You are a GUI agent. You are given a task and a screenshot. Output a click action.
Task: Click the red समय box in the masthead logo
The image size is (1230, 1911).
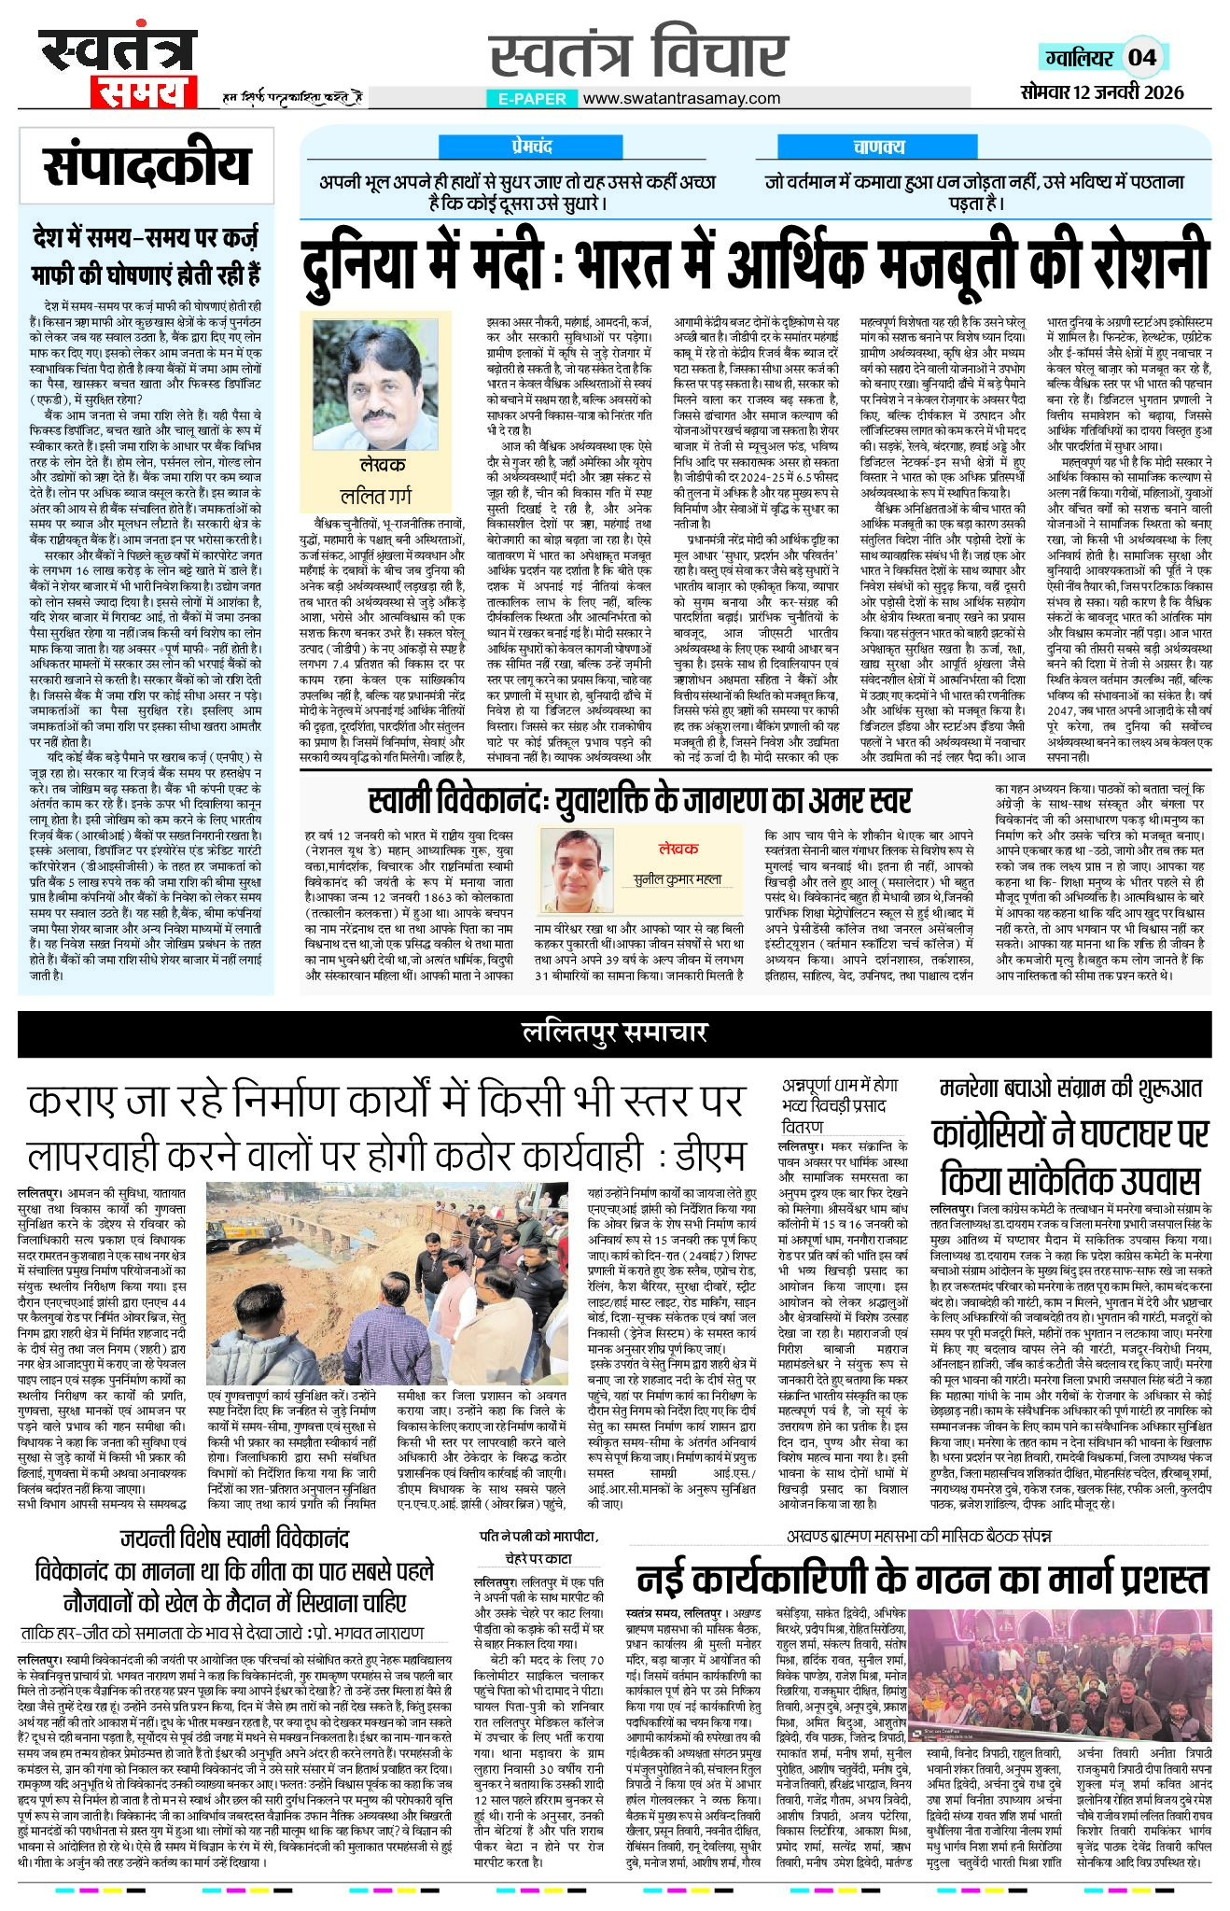click(x=145, y=92)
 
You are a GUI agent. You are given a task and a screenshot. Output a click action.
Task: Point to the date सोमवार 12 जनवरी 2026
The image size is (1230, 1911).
click(x=1101, y=91)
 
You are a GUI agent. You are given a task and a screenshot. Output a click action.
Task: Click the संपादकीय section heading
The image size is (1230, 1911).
click(x=147, y=167)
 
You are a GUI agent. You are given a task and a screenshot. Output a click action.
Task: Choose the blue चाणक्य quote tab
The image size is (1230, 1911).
click(x=878, y=147)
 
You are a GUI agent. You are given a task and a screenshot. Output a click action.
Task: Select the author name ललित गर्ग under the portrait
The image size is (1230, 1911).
click(x=376, y=495)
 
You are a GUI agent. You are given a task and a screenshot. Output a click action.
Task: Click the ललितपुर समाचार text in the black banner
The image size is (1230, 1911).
click(x=614, y=1032)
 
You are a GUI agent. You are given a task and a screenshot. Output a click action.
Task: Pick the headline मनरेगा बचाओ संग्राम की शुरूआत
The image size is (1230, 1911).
click(x=1070, y=1088)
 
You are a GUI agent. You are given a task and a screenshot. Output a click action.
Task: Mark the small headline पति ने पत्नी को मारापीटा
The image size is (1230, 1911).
click(x=538, y=1536)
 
